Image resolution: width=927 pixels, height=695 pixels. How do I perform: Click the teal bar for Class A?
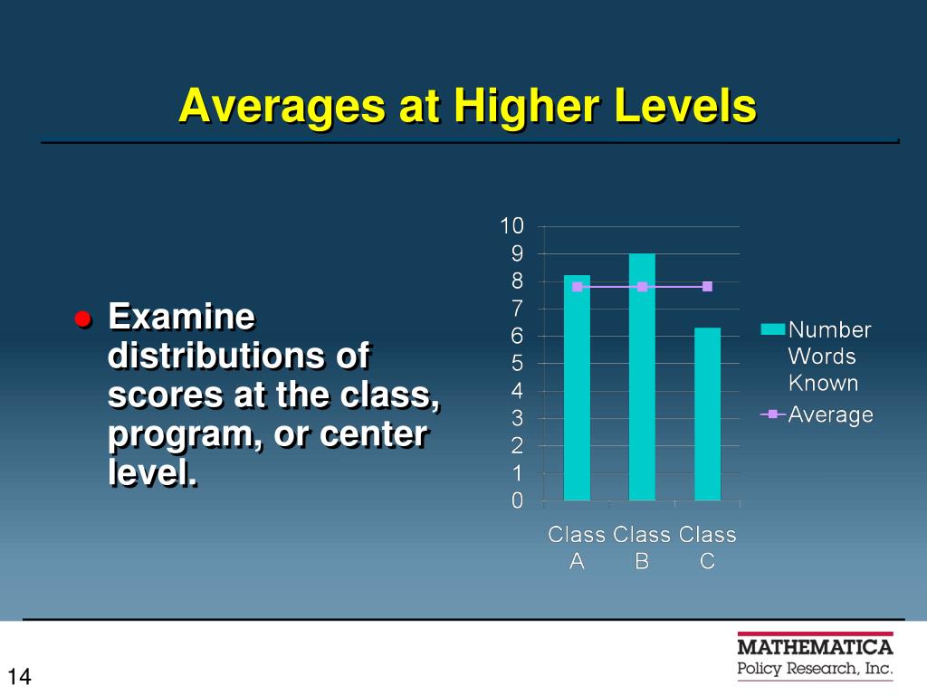point(577,387)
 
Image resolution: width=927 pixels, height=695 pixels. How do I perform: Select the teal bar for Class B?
point(642,377)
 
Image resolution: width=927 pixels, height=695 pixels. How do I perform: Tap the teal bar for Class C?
point(707,414)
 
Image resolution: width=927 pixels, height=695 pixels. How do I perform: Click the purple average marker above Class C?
point(707,287)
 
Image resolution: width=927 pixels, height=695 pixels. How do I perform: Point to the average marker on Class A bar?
point(577,287)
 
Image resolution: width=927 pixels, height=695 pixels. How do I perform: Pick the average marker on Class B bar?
point(642,287)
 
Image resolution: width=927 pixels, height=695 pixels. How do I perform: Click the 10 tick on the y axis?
point(512,225)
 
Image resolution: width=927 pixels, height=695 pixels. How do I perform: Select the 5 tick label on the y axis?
point(517,364)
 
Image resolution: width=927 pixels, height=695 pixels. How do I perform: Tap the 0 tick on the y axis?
point(517,500)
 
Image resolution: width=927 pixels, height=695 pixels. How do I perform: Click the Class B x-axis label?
point(642,547)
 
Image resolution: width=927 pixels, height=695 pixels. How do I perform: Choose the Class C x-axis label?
point(707,547)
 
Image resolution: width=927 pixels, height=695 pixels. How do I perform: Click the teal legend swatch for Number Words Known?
point(773,329)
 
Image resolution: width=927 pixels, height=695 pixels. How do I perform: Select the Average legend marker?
point(773,414)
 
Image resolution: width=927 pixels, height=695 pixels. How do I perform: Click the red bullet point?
point(83,319)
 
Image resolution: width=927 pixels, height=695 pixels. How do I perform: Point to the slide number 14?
point(19,676)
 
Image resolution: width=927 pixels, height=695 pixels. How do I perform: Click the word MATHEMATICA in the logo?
point(816,647)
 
